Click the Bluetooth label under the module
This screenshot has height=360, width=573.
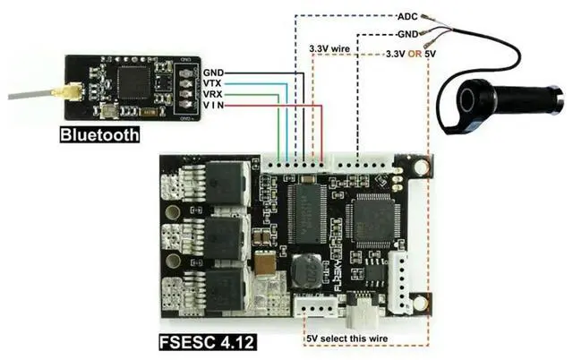99,135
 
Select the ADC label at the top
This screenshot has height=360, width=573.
406,16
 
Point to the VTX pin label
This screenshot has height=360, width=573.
213,83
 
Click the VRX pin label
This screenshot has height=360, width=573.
213,94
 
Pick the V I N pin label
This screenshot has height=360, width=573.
213,106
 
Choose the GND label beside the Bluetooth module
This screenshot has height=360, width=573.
213,73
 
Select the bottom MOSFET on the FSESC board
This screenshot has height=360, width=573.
228,288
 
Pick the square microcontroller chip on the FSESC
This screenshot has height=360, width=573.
372,219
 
